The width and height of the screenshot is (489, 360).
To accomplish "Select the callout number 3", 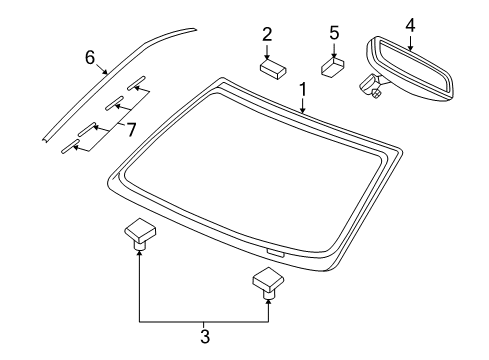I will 204,337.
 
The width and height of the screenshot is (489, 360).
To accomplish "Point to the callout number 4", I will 409,24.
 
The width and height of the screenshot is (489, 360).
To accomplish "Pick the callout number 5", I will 333,35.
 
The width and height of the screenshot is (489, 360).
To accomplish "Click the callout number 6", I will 89,59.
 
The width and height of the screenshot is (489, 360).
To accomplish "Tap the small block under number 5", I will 332,69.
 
